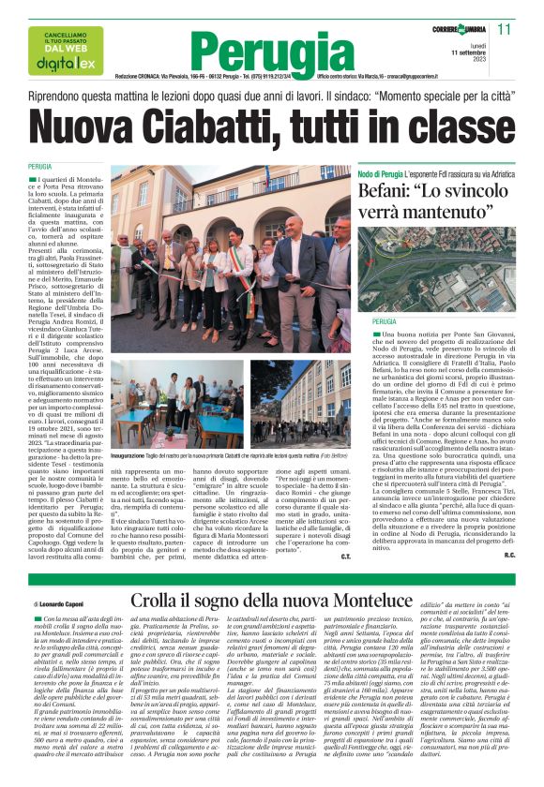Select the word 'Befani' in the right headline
pyautogui.click(x=389, y=191)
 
